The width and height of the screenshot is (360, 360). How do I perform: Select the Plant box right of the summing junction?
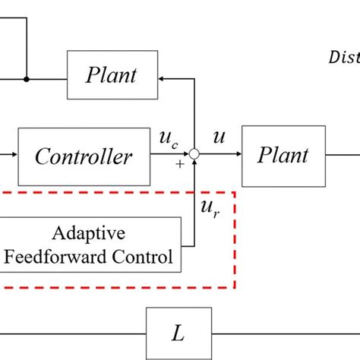pyautogui.click(x=283, y=156)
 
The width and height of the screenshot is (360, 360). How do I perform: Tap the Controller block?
pyautogui.click(x=84, y=156)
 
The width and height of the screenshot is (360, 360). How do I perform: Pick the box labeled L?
pyautogui.click(x=177, y=333)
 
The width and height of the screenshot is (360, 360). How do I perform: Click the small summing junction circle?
pyautogui.click(x=194, y=155)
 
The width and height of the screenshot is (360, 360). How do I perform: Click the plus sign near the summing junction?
pyautogui.click(x=180, y=164)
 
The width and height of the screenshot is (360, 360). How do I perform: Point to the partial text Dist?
pyautogui.click(x=343, y=56)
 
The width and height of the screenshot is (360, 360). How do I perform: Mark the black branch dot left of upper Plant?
pyautogui.click(x=27, y=77)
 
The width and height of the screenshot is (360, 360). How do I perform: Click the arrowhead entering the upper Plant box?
pyautogui.click(x=162, y=77)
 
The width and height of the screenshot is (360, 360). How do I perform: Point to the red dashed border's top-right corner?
pyautogui.click(x=234, y=193)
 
